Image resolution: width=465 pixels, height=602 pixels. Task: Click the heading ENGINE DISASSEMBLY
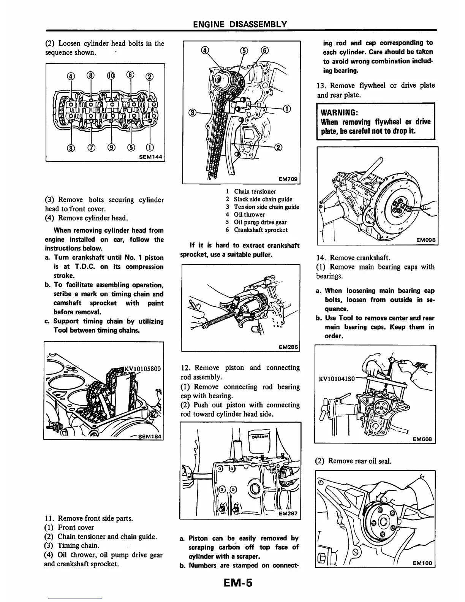240,25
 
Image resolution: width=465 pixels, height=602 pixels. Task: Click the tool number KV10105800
142,368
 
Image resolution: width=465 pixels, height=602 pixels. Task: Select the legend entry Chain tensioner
255,192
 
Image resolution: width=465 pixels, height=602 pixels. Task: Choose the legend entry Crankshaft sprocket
261,230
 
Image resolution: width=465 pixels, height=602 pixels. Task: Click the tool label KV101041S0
336,379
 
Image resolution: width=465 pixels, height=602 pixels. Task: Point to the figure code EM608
422,439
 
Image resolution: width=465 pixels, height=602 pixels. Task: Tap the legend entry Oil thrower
249,214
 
